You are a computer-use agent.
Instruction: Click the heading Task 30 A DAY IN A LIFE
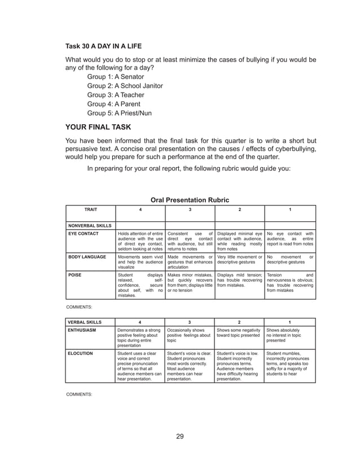coord(103,45)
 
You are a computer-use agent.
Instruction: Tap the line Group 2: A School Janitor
coord(125,86)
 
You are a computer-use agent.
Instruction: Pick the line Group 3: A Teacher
coord(115,95)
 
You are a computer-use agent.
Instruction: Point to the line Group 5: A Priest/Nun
coord(120,113)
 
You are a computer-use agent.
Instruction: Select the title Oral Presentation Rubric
coord(191,199)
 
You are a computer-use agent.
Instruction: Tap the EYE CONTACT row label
coord(84,233)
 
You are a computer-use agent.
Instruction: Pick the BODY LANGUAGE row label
coord(87,257)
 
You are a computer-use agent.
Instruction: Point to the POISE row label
coord(75,275)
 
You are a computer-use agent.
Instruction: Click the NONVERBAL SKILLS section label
coord(89,225)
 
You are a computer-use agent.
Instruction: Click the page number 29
coord(179,435)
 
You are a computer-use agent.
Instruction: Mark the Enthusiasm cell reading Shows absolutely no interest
coord(289,335)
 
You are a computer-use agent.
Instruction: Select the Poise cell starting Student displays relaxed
coord(139,284)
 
